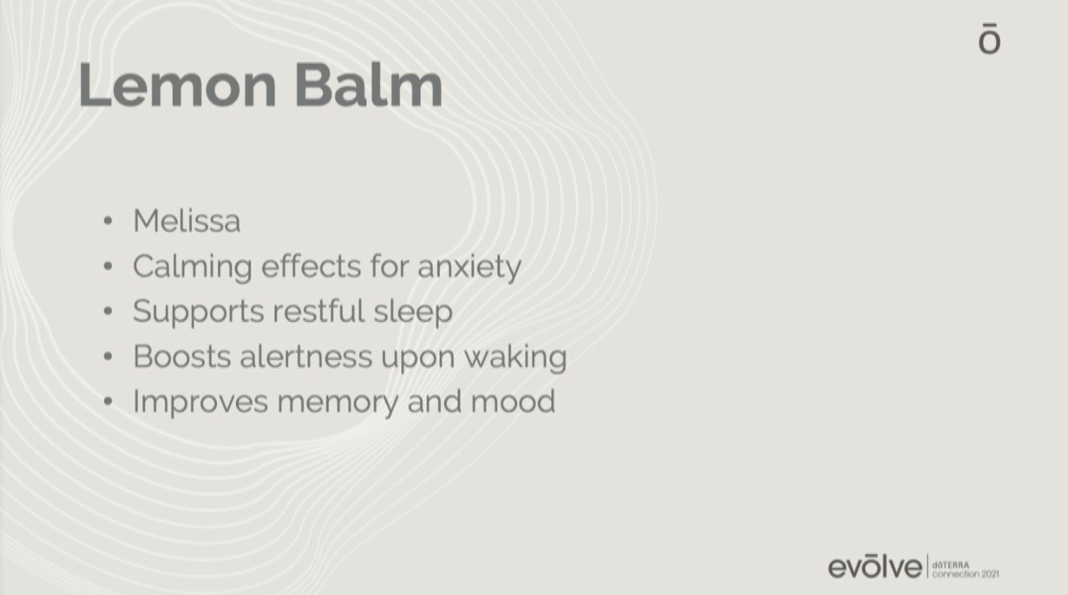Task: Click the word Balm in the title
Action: click(x=369, y=85)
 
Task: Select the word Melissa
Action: click(x=187, y=221)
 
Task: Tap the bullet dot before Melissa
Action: click(x=108, y=221)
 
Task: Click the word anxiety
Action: click(x=469, y=268)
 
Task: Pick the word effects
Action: click(x=311, y=266)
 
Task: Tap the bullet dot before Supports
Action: click(x=108, y=311)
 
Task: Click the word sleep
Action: click(x=413, y=313)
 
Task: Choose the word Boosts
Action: click(x=182, y=357)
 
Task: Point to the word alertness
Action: click(x=306, y=357)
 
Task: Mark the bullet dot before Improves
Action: click(x=108, y=401)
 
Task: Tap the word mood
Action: click(x=513, y=401)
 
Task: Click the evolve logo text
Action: click(x=875, y=566)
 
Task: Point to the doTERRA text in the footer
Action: click(x=950, y=565)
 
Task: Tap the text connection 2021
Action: click(x=965, y=575)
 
